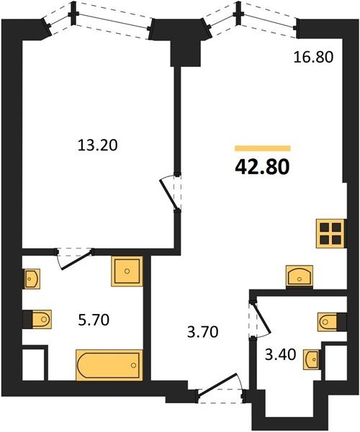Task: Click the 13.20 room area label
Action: click(98, 145)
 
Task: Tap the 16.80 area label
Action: click(313, 58)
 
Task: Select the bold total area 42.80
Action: click(262, 168)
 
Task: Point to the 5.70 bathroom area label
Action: click(94, 320)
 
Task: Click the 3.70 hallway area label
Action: click(203, 332)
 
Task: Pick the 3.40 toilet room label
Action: click(280, 354)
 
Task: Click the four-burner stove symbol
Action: click(330, 233)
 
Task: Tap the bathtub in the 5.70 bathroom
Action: click(109, 365)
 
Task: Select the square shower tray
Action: click(127, 271)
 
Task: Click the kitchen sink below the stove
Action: click(300, 277)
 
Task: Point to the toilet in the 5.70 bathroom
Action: click(42, 320)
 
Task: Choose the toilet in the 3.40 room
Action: click(328, 322)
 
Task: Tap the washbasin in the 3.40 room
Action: click(312, 359)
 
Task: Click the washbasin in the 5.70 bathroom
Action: click(32, 279)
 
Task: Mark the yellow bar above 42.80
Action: click(263, 148)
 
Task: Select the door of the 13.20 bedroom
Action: click(168, 192)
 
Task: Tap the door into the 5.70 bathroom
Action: click(75, 258)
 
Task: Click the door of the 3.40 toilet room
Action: click(261, 319)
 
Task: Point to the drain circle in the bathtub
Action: click(134, 365)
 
